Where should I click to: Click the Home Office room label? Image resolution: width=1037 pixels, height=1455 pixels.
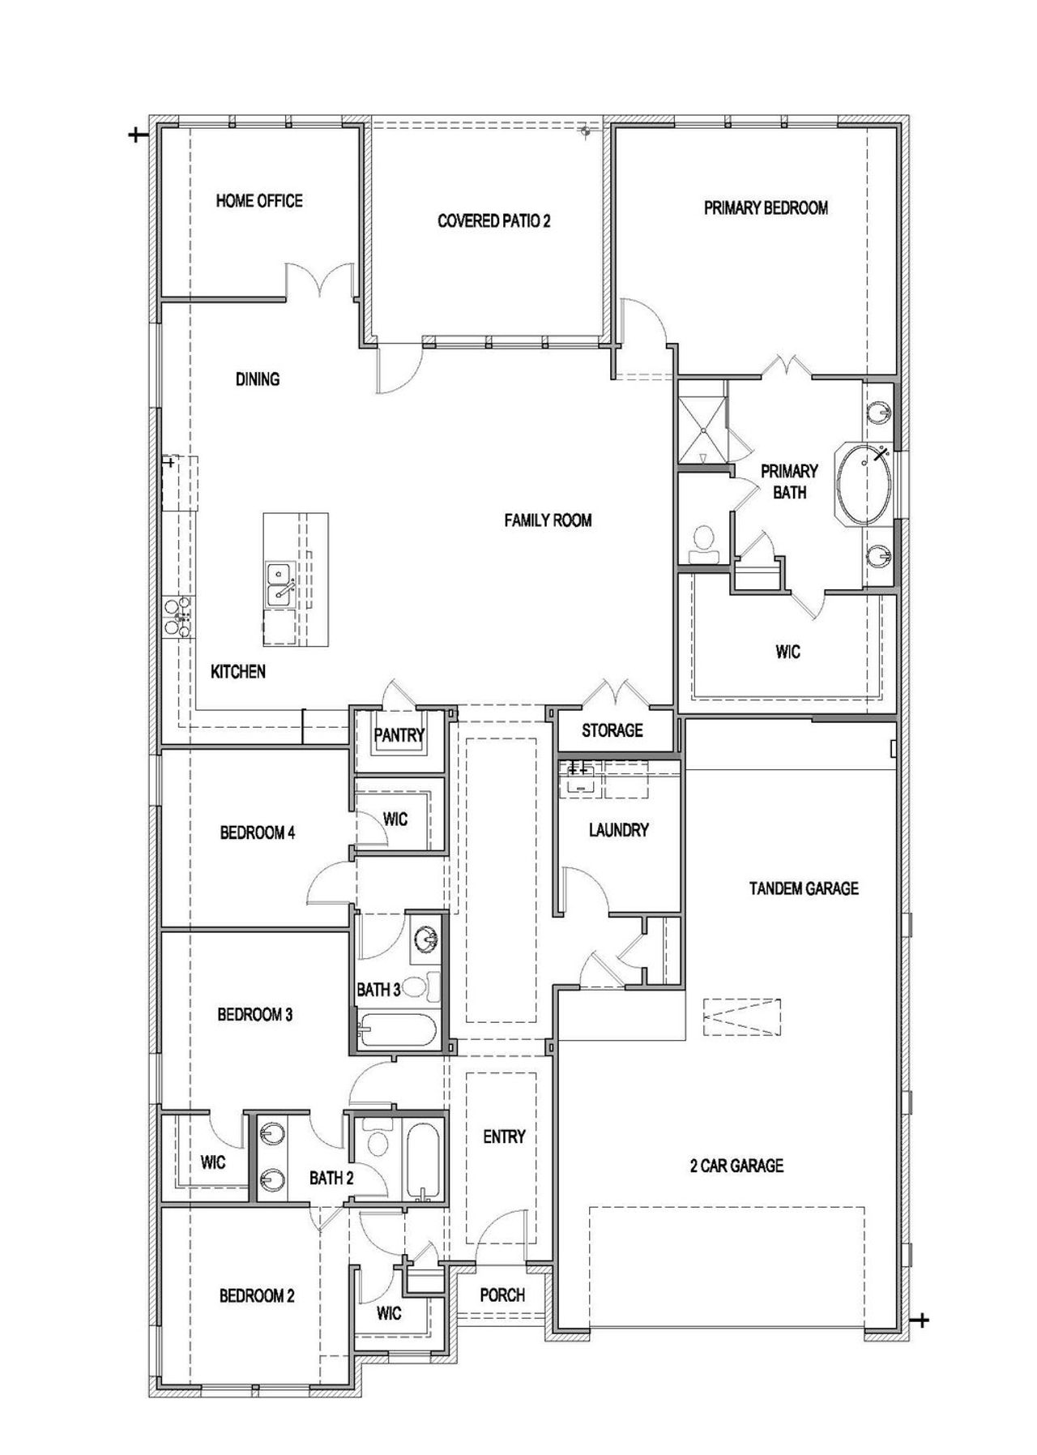point(259,200)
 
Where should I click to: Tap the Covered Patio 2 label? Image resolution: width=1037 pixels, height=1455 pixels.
point(493,220)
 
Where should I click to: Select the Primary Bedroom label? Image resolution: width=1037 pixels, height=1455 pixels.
point(766,208)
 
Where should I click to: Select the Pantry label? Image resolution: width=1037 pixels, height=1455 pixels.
point(399,735)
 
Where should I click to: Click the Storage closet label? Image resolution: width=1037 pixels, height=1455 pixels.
point(612,730)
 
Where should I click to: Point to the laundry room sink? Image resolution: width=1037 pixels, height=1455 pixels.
point(579,780)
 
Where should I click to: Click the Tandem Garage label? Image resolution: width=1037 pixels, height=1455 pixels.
point(804,888)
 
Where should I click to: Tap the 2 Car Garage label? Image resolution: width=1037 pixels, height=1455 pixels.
point(736,1166)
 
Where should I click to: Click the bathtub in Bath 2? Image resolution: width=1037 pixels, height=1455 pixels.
point(422,1161)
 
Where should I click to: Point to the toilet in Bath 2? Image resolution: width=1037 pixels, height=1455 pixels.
point(376,1141)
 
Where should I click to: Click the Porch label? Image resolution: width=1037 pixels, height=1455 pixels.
point(502,1295)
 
